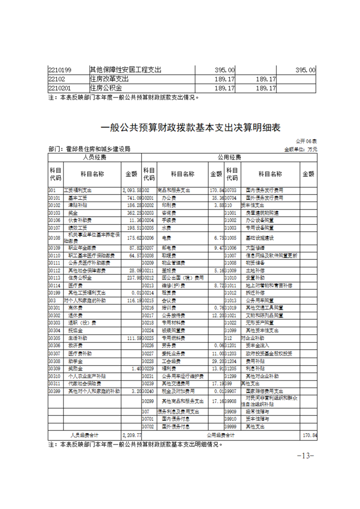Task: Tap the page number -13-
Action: point(305,455)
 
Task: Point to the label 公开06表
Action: point(307,142)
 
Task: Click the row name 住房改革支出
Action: point(109,79)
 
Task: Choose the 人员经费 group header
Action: point(94,157)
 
